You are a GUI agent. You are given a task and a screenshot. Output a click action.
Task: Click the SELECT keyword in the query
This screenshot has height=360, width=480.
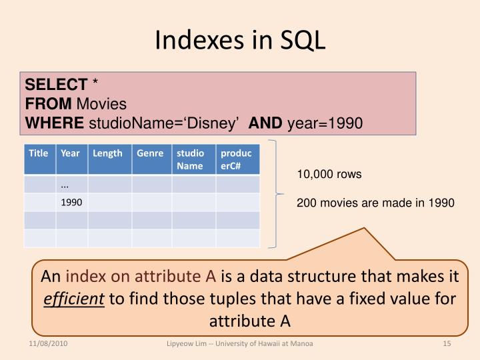coord(57,85)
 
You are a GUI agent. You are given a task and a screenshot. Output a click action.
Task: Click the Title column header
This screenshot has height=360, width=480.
coord(39,153)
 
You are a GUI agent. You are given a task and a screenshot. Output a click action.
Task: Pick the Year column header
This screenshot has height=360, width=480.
coord(70,153)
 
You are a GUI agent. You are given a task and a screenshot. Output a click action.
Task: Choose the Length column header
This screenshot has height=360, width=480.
coord(107,153)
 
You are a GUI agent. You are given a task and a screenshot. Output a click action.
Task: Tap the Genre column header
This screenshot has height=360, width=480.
coord(150,153)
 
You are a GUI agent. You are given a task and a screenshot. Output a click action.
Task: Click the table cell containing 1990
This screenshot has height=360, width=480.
coord(71,202)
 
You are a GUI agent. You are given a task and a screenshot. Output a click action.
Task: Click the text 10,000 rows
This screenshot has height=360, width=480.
coord(329,175)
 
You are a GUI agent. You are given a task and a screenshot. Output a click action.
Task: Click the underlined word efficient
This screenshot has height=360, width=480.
coord(73,299)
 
